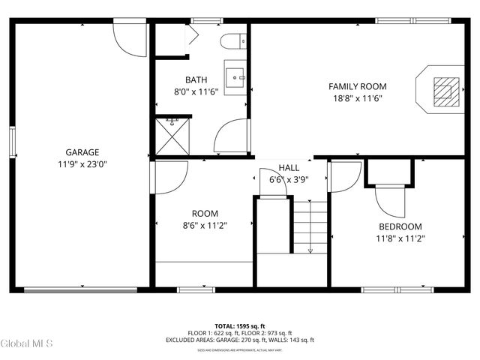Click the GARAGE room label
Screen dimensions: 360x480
point(82,152)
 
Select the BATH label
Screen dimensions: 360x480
point(196,79)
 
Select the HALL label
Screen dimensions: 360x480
point(289,168)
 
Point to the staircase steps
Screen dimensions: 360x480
point(309,226)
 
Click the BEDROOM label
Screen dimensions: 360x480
point(399,226)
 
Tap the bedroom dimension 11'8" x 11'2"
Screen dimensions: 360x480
point(399,238)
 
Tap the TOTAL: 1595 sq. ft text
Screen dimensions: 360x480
point(239,326)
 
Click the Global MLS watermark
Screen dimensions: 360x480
point(26,343)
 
